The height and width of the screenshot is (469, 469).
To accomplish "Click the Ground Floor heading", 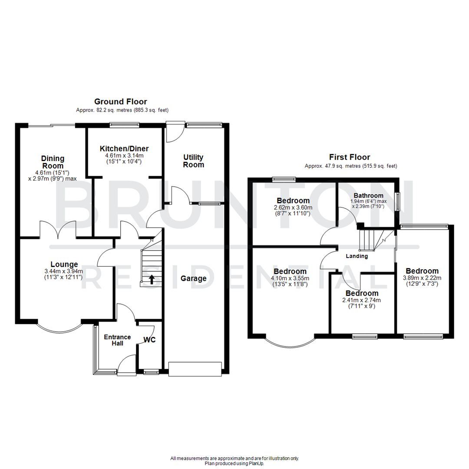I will (x=121, y=102).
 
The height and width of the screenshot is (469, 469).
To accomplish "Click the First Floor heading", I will (x=350, y=157).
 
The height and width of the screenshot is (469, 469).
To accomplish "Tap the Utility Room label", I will (x=193, y=161).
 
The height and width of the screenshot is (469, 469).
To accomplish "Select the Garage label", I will (x=194, y=278).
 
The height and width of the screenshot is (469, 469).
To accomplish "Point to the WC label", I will (x=150, y=340).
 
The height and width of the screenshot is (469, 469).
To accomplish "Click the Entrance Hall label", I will (x=117, y=340).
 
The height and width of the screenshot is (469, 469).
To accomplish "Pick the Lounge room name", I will (x=64, y=264).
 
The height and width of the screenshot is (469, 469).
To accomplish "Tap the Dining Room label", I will (x=53, y=162).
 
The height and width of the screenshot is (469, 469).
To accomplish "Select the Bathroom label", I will (x=368, y=195).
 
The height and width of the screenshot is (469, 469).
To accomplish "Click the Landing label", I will (x=357, y=256).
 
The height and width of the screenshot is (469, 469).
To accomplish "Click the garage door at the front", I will (x=195, y=369).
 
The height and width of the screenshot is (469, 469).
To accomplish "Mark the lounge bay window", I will (x=59, y=329).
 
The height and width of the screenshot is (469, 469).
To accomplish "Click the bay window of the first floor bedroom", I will (x=290, y=342).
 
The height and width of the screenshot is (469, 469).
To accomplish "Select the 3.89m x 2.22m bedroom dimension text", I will (x=422, y=278).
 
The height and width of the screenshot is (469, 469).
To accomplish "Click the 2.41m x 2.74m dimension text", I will (x=362, y=301).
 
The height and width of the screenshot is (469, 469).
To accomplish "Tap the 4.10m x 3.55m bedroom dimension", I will (x=290, y=278).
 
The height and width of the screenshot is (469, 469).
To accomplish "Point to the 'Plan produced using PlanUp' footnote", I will (x=234, y=463).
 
